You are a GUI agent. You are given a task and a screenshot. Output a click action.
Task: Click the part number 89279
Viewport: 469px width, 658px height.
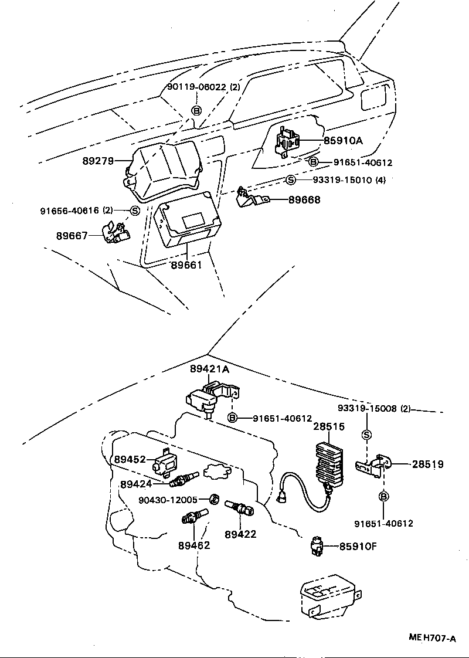(98, 160)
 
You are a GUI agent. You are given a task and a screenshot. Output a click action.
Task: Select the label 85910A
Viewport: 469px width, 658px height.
(344, 141)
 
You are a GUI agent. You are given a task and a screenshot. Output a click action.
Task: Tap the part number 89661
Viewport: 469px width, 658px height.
(186, 265)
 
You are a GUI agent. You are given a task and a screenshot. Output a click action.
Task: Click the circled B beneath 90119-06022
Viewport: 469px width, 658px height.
(197, 110)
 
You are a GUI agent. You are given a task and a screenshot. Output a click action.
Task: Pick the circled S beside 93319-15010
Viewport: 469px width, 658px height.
(291, 180)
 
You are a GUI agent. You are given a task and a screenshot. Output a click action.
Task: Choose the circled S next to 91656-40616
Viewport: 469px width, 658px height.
(134, 211)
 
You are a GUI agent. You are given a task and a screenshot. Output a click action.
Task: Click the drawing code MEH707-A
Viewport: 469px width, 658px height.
(433, 639)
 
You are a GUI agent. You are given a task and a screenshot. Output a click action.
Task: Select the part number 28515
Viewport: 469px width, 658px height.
(328, 427)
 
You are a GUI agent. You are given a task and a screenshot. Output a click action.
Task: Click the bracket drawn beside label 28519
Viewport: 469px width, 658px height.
(373, 466)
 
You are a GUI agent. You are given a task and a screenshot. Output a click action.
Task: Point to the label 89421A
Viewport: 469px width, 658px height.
(209, 369)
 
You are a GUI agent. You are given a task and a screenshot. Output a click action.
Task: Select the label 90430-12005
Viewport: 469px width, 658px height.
(168, 500)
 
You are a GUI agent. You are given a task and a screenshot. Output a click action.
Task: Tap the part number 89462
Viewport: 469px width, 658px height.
(194, 545)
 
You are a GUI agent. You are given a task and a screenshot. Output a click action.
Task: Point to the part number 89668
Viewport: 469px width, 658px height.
(304, 200)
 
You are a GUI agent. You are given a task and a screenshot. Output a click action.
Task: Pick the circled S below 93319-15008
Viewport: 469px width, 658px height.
(367, 435)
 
